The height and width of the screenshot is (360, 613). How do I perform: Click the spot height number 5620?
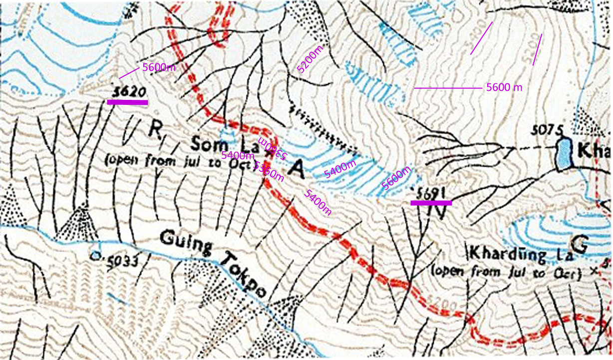(x=129, y=92)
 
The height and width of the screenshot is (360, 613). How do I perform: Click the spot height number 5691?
(x=431, y=193)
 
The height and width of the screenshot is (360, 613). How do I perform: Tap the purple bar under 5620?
(x=127, y=102)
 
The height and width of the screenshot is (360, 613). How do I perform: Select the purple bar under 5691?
(x=431, y=203)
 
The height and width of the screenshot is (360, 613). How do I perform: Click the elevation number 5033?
(x=119, y=259)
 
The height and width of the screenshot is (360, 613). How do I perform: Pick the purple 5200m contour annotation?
(x=310, y=59)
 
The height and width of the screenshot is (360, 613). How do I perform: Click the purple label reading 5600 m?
(x=504, y=87)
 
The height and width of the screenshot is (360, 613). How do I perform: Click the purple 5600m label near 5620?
(x=159, y=67)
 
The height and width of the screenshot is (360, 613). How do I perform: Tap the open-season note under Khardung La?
(x=506, y=274)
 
